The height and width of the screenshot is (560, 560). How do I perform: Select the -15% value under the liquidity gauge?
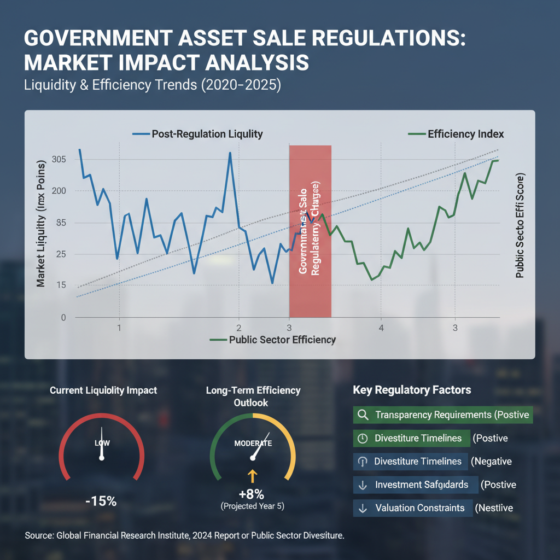pos(101,500)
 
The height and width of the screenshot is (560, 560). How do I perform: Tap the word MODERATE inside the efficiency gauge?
pos(253,443)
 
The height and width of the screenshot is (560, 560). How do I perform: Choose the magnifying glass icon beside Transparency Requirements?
pos(362,415)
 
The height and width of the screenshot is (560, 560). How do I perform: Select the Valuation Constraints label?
pos(419,508)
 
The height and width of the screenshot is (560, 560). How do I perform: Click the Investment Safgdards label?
pos(422,485)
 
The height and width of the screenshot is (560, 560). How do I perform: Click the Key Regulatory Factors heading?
pos(412,390)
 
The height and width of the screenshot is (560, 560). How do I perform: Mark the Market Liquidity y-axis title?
pos(41,230)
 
